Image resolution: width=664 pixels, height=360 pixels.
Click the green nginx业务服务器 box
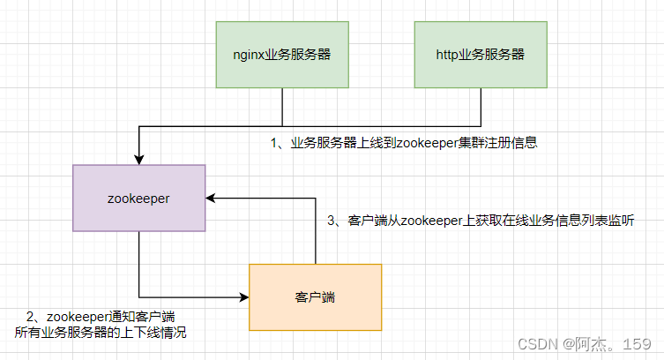(x=282, y=55)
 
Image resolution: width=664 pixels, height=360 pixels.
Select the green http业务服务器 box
(x=481, y=55)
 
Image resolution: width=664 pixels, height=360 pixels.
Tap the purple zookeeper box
(x=139, y=199)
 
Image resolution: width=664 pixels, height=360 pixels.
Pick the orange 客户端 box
(x=316, y=297)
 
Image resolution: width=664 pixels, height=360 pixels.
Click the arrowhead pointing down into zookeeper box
(x=139, y=160)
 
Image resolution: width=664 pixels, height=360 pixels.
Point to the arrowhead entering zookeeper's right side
(x=211, y=198)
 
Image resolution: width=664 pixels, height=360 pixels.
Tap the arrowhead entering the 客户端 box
(x=244, y=297)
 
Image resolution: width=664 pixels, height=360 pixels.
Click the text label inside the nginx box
(x=282, y=55)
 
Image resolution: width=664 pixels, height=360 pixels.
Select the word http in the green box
(x=447, y=55)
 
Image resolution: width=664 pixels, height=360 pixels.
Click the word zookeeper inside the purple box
(x=138, y=199)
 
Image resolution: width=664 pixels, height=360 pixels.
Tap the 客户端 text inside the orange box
(x=315, y=297)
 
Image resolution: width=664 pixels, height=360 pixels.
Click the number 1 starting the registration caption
(x=274, y=143)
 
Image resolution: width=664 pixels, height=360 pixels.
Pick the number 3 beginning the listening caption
(x=332, y=221)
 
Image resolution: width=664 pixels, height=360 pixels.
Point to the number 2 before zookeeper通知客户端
(x=30, y=317)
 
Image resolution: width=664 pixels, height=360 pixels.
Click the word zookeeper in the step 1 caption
(x=428, y=143)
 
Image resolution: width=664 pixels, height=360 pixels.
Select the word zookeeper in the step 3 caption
(x=431, y=221)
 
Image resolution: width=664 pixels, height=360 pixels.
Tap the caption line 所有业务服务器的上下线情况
(x=101, y=333)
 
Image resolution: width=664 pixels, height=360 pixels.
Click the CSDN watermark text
(x=538, y=344)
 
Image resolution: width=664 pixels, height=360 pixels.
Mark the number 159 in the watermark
(x=637, y=344)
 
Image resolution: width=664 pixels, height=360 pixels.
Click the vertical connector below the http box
(x=481, y=107)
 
